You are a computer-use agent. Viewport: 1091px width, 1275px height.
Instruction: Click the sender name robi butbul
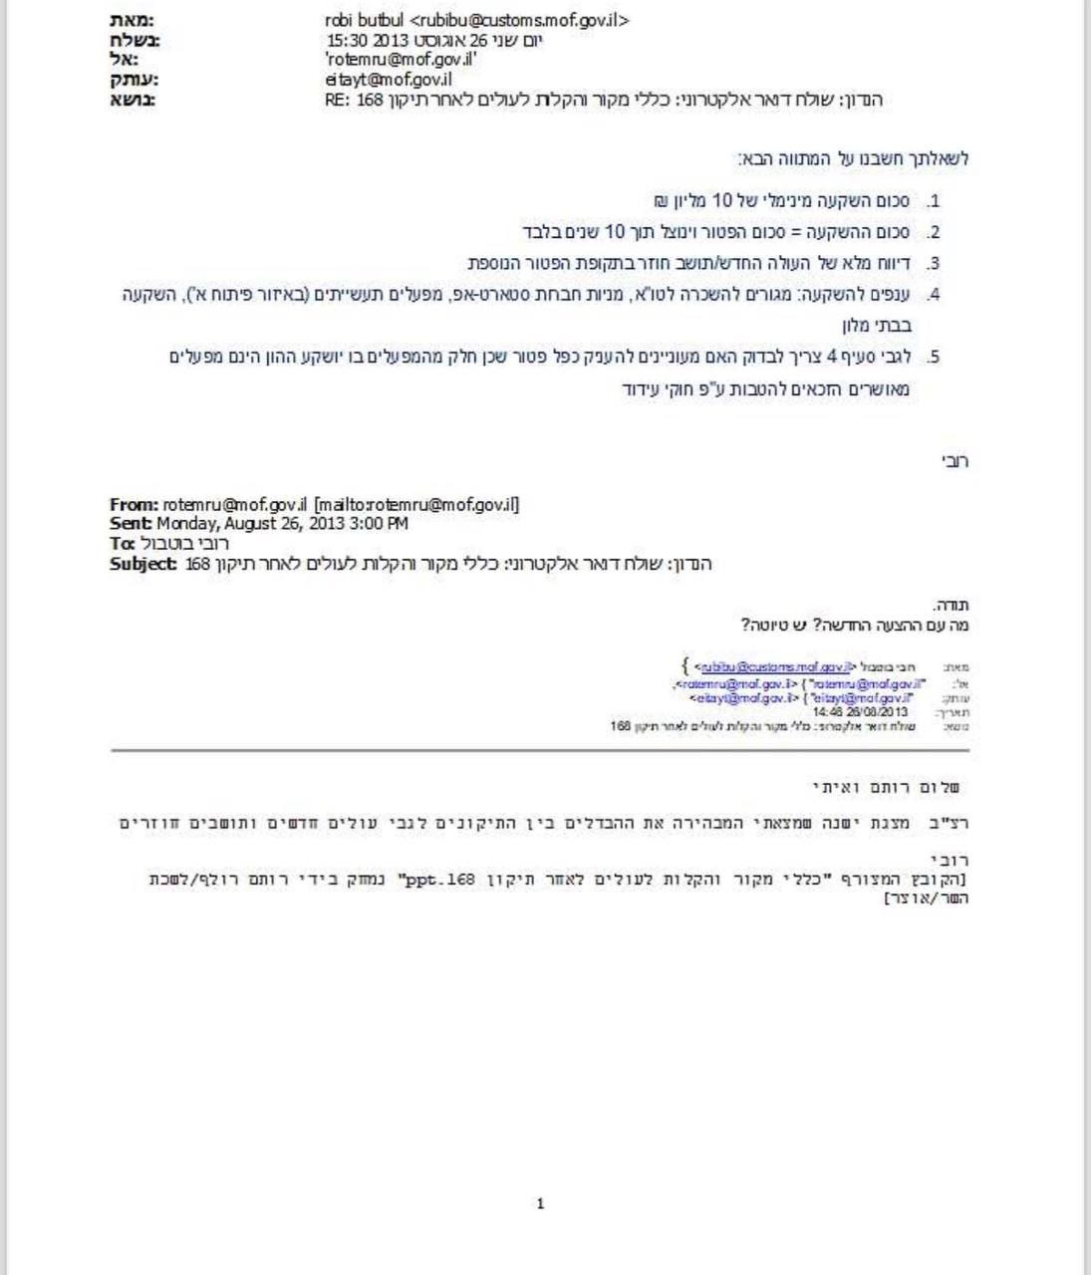click(364, 20)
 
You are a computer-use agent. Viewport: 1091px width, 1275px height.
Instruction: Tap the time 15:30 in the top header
click(347, 40)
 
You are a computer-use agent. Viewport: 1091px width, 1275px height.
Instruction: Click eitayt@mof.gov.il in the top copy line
click(388, 80)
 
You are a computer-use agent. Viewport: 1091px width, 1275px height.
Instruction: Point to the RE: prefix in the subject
click(338, 100)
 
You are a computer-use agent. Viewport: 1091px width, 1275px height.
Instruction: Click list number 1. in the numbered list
click(932, 201)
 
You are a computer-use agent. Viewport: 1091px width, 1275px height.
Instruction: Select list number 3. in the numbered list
click(932, 264)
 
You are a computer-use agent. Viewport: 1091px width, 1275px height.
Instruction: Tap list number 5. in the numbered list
click(932, 357)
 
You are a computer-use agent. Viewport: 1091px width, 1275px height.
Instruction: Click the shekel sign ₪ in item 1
click(661, 201)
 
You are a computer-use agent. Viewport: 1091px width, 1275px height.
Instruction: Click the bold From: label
click(134, 505)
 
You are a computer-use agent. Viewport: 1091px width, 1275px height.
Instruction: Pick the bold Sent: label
click(131, 524)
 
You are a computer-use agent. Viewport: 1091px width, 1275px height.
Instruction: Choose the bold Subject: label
click(143, 564)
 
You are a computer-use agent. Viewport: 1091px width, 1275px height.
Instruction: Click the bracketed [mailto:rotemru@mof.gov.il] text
click(416, 505)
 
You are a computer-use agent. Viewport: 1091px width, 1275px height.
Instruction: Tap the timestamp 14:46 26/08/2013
click(860, 712)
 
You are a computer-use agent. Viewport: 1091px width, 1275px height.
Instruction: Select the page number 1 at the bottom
click(540, 1204)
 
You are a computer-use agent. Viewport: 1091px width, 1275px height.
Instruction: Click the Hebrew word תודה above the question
click(951, 606)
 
